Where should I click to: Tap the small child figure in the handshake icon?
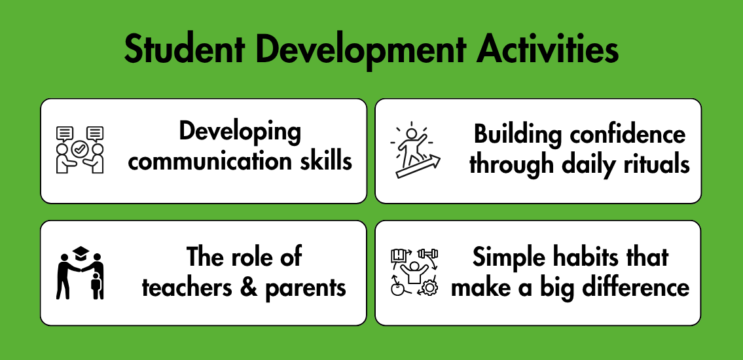click(x=96, y=285)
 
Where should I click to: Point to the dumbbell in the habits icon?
click(x=428, y=253)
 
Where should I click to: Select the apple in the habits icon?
click(x=397, y=289)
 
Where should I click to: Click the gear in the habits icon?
click(x=429, y=288)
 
